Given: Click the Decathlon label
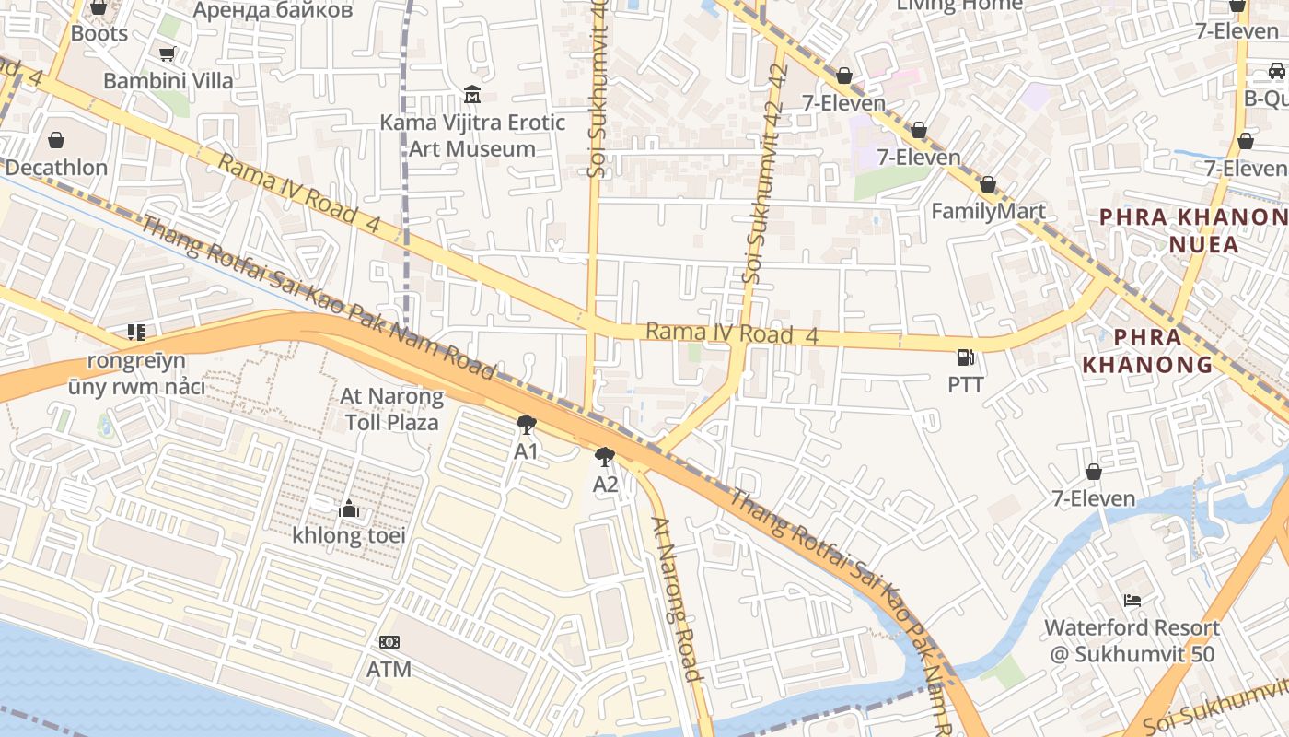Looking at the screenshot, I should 56,168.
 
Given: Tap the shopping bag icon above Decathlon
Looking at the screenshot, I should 56,140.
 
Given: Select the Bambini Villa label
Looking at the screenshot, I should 168,80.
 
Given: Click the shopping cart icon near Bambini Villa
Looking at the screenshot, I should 167,54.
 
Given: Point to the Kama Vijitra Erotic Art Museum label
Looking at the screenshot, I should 472,135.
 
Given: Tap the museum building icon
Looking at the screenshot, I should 472,95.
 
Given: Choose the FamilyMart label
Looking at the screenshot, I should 988,211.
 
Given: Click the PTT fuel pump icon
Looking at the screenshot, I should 965,357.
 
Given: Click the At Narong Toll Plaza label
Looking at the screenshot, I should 391,409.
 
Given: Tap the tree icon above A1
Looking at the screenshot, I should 526,425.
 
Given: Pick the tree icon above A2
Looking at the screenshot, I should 605,457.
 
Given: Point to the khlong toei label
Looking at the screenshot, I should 342,535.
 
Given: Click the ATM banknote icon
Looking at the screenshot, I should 389,642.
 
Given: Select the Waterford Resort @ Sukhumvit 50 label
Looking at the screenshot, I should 1132,641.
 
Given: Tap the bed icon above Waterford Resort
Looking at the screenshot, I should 1132,601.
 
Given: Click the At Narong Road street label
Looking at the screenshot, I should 678,598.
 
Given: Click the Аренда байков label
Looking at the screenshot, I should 273,10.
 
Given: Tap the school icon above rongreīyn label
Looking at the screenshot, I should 136,333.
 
